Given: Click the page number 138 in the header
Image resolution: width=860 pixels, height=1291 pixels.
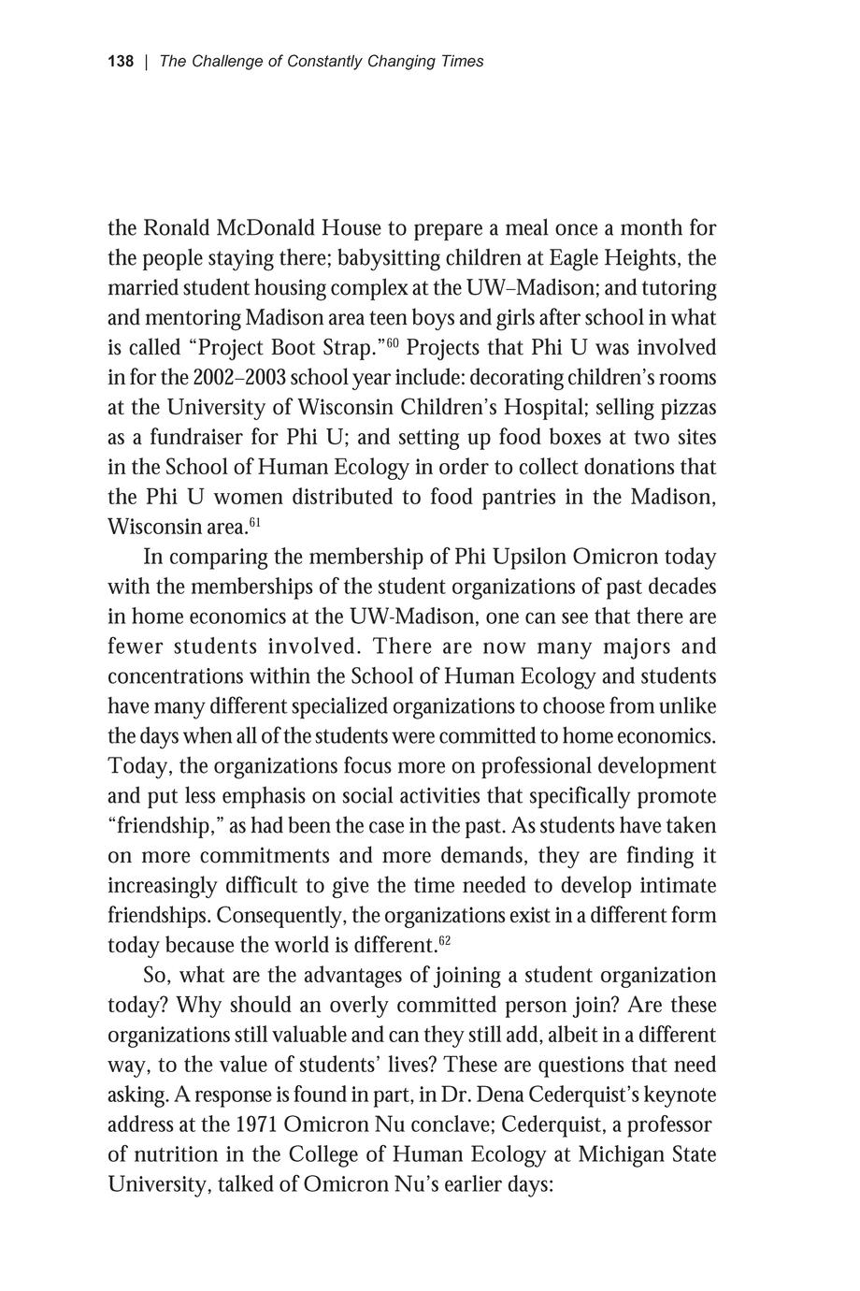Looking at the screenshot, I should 121,62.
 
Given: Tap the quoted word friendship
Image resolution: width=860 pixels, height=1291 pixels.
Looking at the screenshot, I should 163,827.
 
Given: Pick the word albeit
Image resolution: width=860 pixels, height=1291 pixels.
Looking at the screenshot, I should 527,1036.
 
